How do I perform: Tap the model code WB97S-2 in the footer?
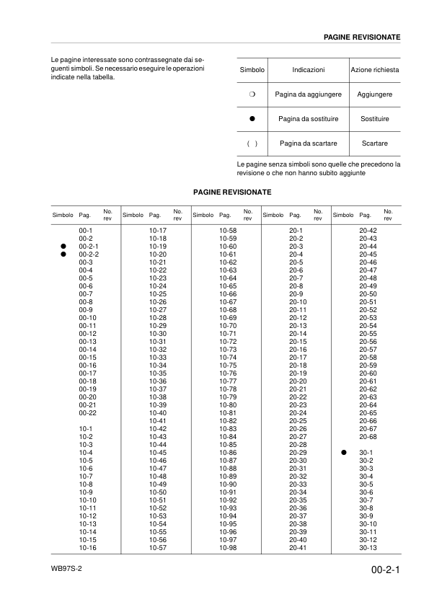pyautogui.click(x=66, y=568)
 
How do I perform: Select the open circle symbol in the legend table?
pyautogui.click(x=252, y=94)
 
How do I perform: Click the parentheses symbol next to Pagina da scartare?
pyautogui.click(x=252, y=143)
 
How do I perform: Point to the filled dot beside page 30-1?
pyautogui.click(x=344, y=452)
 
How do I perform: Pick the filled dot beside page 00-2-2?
pyautogui.click(x=63, y=254)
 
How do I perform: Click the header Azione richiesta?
pyautogui.click(x=374, y=70)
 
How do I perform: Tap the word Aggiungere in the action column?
pyautogui.click(x=374, y=94)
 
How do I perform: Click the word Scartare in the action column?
pyautogui.click(x=374, y=143)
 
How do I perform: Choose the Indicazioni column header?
pyautogui.click(x=308, y=70)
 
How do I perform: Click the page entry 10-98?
pyautogui.click(x=228, y=549)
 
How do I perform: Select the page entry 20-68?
pyautogui.click(x=368, y=436)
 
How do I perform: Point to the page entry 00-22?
pyautogui.click(x=87, y=412)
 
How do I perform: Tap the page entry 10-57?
pyautogui.click(x=158, y=549)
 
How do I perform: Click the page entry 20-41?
pyautogui.click(x=298, y=549)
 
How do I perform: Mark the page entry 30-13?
pyautogui.click(x=368, y=549)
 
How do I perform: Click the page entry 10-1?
pyautogui.click(x=86, y=428)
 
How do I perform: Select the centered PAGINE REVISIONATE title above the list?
pyautogui.click(x=232, y=192)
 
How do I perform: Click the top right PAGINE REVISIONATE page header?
pyautogui.click(x=362, y=36)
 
